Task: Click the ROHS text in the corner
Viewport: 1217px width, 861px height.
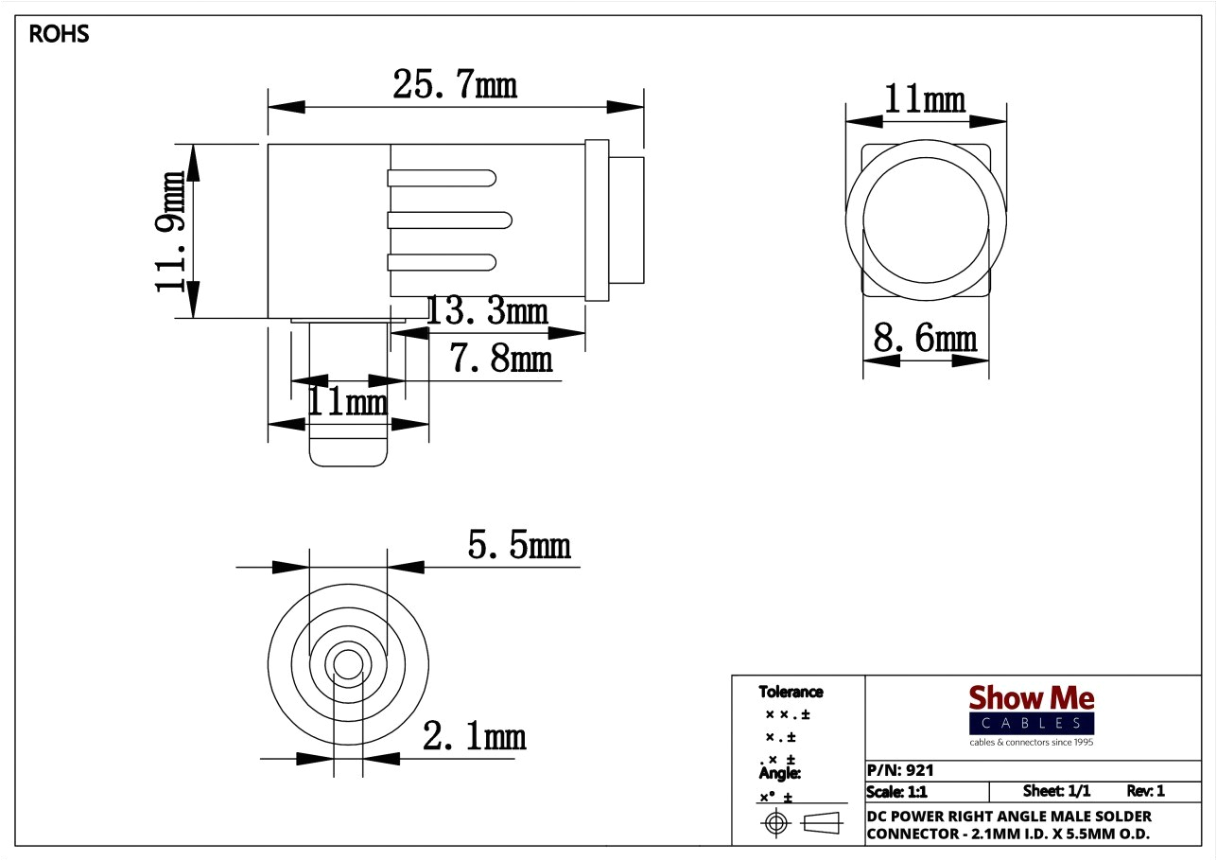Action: pos(59,35)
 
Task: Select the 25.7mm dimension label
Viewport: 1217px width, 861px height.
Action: pos(455,86)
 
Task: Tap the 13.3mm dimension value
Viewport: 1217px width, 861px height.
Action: pos(486,310)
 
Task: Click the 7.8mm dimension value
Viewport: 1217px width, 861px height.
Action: pos(500,359)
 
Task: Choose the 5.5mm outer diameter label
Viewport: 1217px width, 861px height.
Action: pos(519,545)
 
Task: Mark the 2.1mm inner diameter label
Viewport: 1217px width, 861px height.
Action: pos(474,736)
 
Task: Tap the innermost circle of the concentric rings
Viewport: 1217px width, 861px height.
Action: pos(348,664)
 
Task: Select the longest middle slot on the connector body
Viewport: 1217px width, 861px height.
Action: pos(449,220)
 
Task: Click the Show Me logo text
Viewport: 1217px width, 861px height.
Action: pos(1031,699)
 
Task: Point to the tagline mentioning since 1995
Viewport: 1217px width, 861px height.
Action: pos(1031,743)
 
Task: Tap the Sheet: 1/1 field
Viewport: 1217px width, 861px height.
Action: pos(1056,791)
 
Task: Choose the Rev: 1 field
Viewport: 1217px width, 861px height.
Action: pos(1145,791)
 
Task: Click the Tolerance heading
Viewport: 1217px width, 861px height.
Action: pos(791,692)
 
